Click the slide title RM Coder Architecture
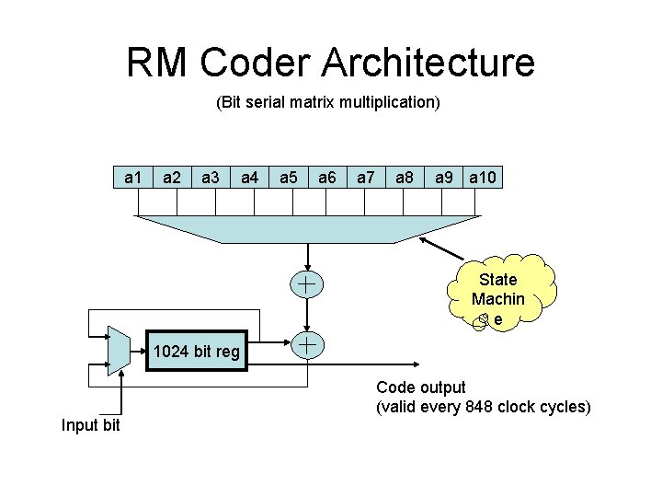point(330,63)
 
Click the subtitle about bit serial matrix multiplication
point(328,102)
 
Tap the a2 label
point(172,177)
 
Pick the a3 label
point(211,177)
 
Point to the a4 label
point(249,177)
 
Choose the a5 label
point(289,177)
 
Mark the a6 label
point(327,177)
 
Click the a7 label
point(366,177)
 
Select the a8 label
point(405,177)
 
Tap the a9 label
point(444,177)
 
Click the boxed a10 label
point(484,177)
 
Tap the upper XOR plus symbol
point(307,285)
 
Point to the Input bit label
point(90,424)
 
